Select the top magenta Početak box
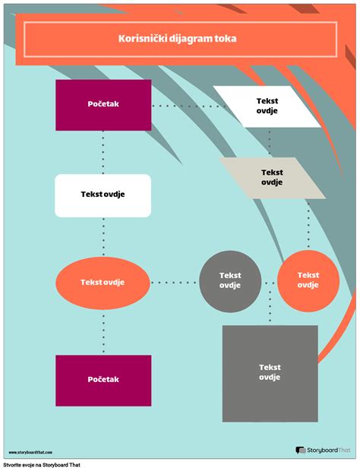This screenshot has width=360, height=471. pyautogui.click(x=103, y=105)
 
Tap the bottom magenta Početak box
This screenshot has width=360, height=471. pyautogui.click(x=103, y=378)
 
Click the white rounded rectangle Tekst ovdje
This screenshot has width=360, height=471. pyautogui.click(x=103, y=195)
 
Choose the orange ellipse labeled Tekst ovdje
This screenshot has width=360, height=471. pyautogui.click(x=103, y=283)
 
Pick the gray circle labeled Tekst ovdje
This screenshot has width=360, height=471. pyautogui.click(x=230, y=281)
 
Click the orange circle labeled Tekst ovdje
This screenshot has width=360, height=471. pyautogui.click(x=308, y=281)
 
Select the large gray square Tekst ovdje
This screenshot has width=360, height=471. pyautogui.click(x=270, y=373)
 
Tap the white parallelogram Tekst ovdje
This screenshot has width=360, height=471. pyautogui.click(x=266, y=106)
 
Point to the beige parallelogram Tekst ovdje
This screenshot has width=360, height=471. pyautogui.click(x=272, y=177)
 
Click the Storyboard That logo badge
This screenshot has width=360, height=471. pyautogui.click(x=324, y=450)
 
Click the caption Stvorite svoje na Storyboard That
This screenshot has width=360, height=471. pyautogui.click(x=42, y=464)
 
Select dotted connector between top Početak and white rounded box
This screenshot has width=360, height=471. pyautogui.click(x=103, y=152)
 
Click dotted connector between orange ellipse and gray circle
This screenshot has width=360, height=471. pyautogui.click(x=175, y=283)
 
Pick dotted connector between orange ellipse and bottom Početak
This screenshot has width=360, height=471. pyautogui.click(x=103, y=330)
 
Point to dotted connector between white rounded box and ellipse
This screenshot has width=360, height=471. pyautogui.click(x=103, y=239)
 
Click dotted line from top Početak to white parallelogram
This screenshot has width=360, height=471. pyautogui.click(x=182, y=106)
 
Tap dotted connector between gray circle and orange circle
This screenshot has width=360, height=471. pyautogui.click(x=269, y=282)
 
